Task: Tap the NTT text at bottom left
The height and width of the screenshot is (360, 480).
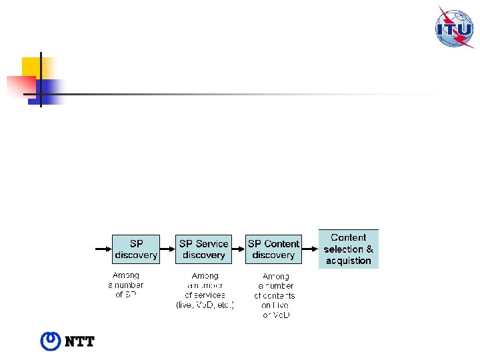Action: (79, 342)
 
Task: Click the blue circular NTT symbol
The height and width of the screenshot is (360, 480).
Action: (51, 341)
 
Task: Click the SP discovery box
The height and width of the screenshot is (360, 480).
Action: (136, 249)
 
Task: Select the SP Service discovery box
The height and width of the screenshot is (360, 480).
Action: (203, 249)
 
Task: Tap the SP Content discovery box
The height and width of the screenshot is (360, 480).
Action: (273, 249)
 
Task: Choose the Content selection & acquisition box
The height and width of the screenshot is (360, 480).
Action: (349, 249)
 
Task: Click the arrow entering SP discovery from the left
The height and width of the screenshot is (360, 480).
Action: (103, 249)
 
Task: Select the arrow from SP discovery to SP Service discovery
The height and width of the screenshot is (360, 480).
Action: (168, 249)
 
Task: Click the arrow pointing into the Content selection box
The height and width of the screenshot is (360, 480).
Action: (310, 249)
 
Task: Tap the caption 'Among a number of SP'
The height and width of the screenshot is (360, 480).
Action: (126, 285)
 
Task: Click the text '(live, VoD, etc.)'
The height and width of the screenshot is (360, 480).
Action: (205, 305)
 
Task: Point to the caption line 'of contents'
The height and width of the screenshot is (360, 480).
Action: (274, 295)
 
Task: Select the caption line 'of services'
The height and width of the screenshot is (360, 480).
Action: (205, 295)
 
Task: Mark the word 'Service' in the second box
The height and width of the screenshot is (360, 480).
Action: (212, 244)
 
